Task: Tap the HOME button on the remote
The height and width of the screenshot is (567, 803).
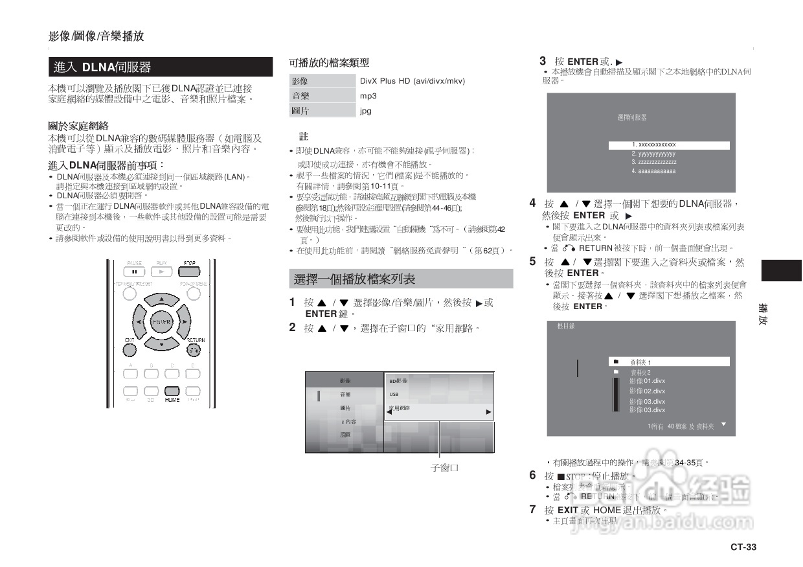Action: tap(172, 391)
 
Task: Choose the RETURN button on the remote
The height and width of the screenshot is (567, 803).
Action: tap(194, 350)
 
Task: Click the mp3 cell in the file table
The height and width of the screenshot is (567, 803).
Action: tap(368, 96)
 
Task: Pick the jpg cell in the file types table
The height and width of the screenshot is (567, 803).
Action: tap(366, 111)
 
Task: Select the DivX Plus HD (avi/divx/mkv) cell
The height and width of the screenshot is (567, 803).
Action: tap(413, 81)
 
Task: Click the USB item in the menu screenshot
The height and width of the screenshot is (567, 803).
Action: tap(394, 394)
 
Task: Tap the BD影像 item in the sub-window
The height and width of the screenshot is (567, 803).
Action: tap(398, 381)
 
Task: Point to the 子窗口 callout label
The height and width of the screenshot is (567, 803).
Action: tap(445, 468)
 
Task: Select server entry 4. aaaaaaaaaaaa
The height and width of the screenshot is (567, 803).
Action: tap(653, 171)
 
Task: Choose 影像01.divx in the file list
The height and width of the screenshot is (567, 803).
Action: tap(647, 381)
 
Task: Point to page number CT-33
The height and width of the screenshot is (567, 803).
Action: tap(743, 547)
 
